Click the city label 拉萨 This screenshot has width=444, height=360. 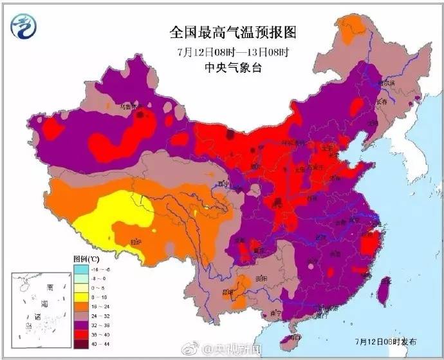click(136, 242)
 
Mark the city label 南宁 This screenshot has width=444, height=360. click(276, 312)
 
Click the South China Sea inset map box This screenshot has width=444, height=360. click(38, 307)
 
